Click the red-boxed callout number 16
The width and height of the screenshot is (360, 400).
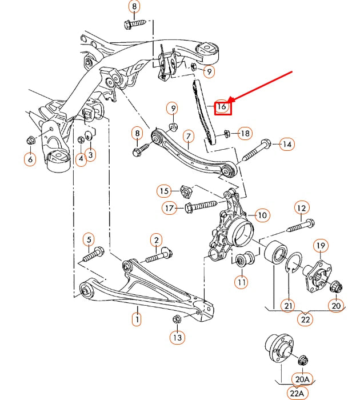click(x=222, y=106)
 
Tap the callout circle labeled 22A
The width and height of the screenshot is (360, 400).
click(x=297, y=393)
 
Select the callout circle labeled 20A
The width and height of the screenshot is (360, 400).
click(x=302, y=378)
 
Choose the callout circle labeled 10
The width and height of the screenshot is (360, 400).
click(x=262, y=215)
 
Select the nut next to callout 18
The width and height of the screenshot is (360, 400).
click(x=226, y=134)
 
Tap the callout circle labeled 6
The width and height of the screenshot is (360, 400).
click(x=30, y=159)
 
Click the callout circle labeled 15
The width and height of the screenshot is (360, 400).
click(x=165, y=190)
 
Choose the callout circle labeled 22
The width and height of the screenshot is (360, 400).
click(x=306, y=319)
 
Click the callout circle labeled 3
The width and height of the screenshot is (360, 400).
click(x=91, y=154)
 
